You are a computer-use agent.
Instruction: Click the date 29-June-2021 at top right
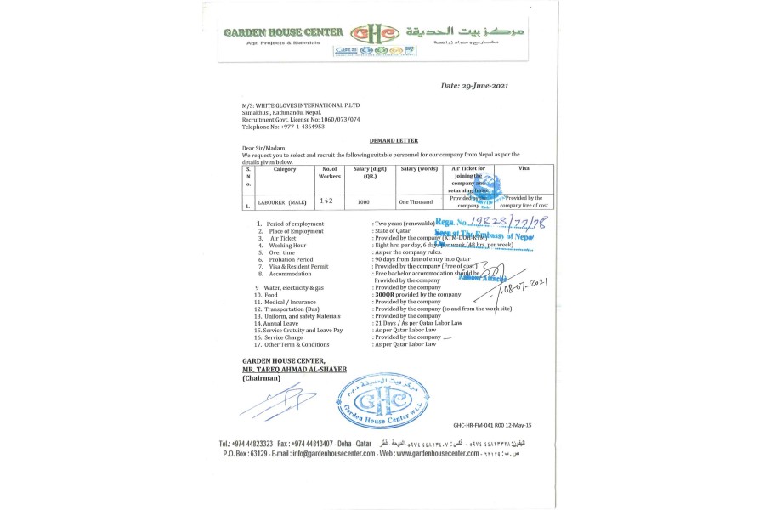pyautogui.click(x=475, y=86)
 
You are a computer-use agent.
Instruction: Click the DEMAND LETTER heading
pyautogui.click(x=394, y=139)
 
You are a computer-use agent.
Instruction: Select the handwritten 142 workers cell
pyautogui.click(x=327, y=201)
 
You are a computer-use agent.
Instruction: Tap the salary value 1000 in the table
pyautogui.click(x=364, y=202)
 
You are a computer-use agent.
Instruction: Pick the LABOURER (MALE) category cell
pyautogui.click(x=283, y=202)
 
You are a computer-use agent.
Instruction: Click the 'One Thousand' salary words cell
pyautogui.click(x=416, y=202)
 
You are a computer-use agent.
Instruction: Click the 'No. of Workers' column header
pyautogui.click(x=329, y=173)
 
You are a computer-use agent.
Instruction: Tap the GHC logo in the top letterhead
pyautogui.click(x=375, y=34)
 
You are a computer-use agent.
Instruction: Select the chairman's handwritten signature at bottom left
pyautogui.click(x=277, y=401)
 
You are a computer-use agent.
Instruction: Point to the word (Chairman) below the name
pyautogui.click(x=260, y=378)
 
